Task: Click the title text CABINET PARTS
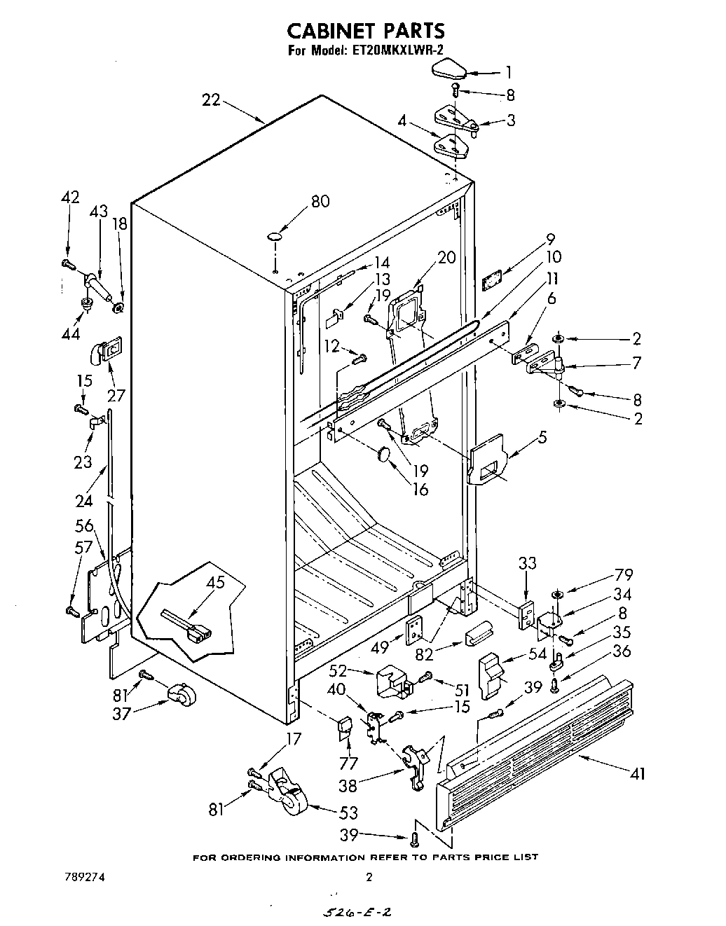pos(366,31)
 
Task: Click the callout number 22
pos(211,100)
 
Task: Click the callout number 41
pos(638,773)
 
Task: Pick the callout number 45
pos(215,583)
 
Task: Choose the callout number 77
pos(348,763)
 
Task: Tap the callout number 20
pos(447,257)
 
